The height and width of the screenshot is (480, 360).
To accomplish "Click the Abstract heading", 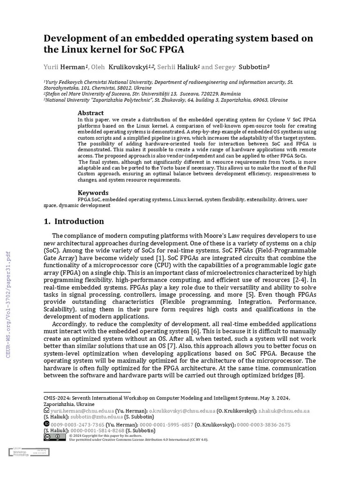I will coord(90,113).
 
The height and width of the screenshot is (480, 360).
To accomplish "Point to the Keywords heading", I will coord(93,193).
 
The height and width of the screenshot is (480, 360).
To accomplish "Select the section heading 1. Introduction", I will coord(74,221).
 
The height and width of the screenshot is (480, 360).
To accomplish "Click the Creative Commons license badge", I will coord(48,437).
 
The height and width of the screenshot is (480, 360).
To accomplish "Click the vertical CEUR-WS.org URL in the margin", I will coord(8,305).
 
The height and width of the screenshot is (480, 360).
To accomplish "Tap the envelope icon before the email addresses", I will coord(46,411).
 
